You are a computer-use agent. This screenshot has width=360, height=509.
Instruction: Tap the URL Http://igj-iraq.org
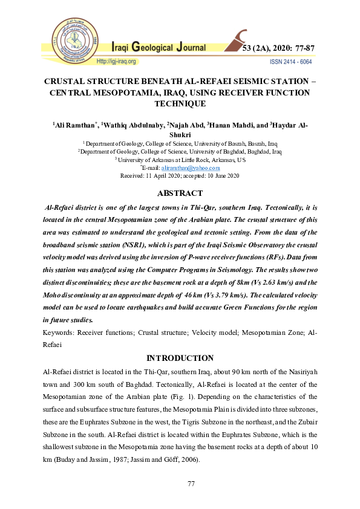[x=117, y=62]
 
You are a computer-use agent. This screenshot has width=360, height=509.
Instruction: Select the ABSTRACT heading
[x=180, y=193]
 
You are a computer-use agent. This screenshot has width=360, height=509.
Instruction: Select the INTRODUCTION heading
[x=180, y=358]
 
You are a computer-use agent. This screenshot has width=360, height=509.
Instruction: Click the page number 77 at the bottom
[x=180, y=484]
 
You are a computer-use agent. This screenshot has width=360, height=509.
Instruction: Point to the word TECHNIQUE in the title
[x=180, y=103]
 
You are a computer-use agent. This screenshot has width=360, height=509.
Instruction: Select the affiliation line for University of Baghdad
[x=180, y=152]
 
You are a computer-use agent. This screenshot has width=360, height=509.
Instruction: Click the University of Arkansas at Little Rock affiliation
[x=180, y=160]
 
